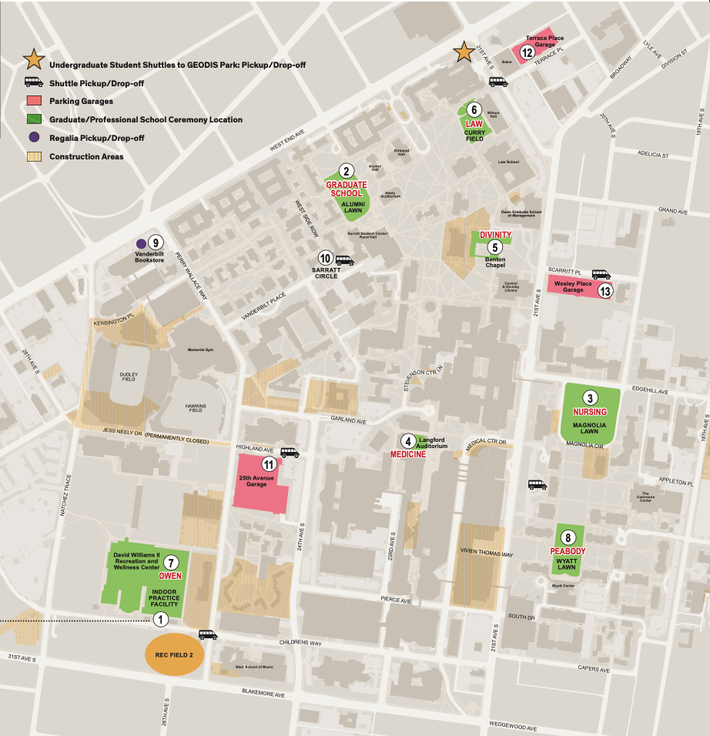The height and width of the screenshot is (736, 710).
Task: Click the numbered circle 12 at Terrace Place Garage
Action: click(527, 52)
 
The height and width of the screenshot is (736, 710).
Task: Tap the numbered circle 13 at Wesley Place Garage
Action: click(605, 291)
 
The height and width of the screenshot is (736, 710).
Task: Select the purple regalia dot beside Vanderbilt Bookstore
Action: click(141, 243)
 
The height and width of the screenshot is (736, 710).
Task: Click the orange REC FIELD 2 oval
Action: click(175, 654)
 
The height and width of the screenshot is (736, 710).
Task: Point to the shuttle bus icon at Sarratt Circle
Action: click(344, 260)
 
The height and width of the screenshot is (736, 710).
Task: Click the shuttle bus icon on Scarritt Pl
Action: click(601, 274)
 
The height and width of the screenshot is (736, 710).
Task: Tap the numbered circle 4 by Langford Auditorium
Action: click(407, 440)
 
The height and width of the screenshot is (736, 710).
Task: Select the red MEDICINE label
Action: click(408, 455)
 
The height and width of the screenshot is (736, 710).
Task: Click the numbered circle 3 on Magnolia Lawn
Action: click(590, 398)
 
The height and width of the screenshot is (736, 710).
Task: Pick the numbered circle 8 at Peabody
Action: click(568, 537)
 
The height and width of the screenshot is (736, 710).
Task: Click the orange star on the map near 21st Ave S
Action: click(464, 52)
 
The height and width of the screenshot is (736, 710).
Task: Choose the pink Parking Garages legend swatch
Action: click(34, 101)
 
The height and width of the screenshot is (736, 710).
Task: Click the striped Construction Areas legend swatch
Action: click(34, 156)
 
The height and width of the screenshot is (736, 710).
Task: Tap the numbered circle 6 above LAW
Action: click(475, 109)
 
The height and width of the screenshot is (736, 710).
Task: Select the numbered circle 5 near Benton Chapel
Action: click(494, 247)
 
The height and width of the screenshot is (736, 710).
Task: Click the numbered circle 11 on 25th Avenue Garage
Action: click(268, 464)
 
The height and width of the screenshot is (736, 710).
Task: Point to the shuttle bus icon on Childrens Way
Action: click(208, 635)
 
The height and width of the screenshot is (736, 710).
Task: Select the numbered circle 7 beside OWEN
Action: click(171, 562)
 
